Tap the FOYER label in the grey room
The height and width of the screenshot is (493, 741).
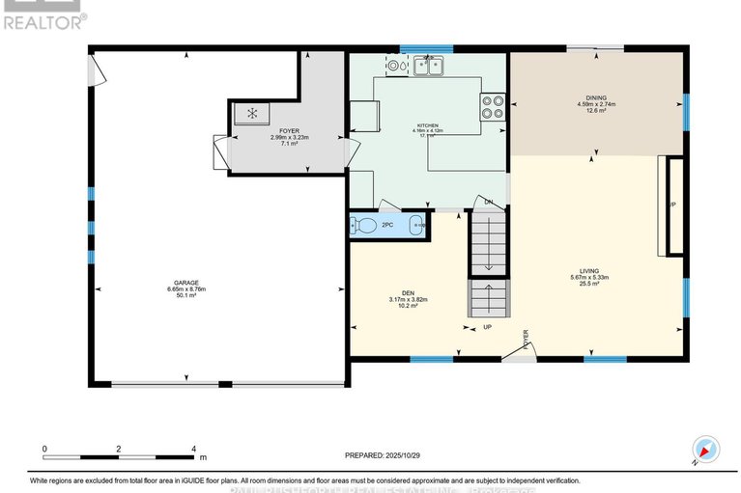point(289,128)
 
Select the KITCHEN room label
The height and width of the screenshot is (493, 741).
point(428,125)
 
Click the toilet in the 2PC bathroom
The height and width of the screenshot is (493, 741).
point(364,226)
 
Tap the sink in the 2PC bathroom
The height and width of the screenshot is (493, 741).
point(417,226)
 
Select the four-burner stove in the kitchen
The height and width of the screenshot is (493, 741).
point(493,104)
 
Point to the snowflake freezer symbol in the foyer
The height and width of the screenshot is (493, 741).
point(252,114)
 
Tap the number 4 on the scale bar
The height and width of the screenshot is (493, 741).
point(194,449)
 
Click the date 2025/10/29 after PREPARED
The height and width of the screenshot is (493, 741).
point(406,454)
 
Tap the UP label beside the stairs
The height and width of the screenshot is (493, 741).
point(488,327)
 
